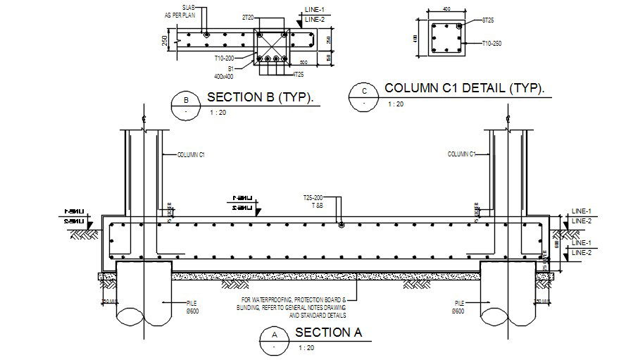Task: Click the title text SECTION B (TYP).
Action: click(x=260, y=97)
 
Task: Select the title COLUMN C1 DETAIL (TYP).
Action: click(x=465, y=89)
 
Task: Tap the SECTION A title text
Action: click(x=328, y=333)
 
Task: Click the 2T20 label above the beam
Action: click(x=247, y=16)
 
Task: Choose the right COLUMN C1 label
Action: click(x=461, y=154)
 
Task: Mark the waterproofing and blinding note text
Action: click(x=294, y=307)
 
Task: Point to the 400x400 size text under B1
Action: click(x=223, y=75)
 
